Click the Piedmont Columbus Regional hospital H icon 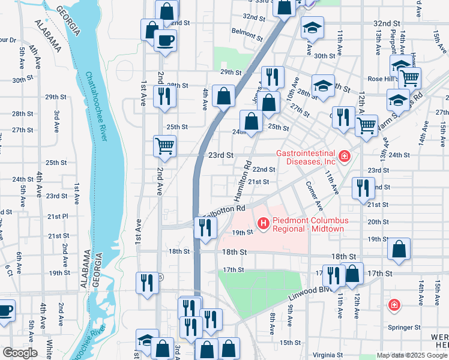click(x=262, y=224)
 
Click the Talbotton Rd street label click(x=226, y=211)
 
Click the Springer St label click(x=403, y=328)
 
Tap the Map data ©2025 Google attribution click(x=411, y=355)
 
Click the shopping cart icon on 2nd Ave click(x=164, y=146)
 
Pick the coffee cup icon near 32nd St click(x=164, y=40)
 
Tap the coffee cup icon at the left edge click(x=5, y=311)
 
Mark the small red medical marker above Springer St click(x=394, y=305)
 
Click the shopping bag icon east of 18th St click(x=399, y=249)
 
